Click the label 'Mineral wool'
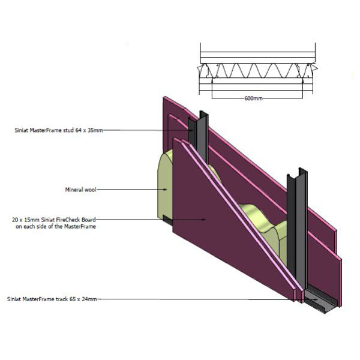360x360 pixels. tap(80, 189)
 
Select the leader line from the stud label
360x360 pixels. tap(144, 129)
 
